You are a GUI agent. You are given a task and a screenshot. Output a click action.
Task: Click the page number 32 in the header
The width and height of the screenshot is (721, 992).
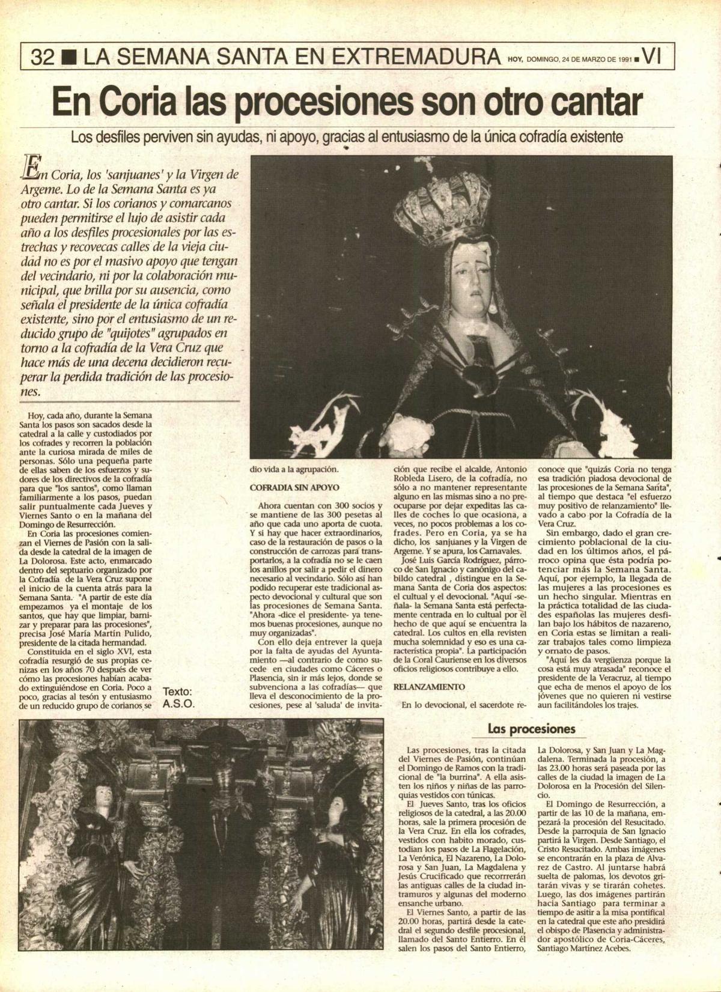click(43, 57)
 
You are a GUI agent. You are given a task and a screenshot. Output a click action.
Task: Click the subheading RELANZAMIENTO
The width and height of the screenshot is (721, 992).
click(429, 686)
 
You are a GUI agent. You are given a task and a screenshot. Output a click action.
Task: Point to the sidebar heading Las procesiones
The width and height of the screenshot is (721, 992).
click(532, 729)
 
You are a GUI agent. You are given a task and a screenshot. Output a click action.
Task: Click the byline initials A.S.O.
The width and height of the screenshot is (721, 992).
click(179, 704)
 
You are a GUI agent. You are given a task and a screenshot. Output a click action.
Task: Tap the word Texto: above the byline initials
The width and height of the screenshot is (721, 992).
click(178, 692)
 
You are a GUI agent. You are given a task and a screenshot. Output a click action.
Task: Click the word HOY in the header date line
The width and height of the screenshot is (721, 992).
click(515, 59)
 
